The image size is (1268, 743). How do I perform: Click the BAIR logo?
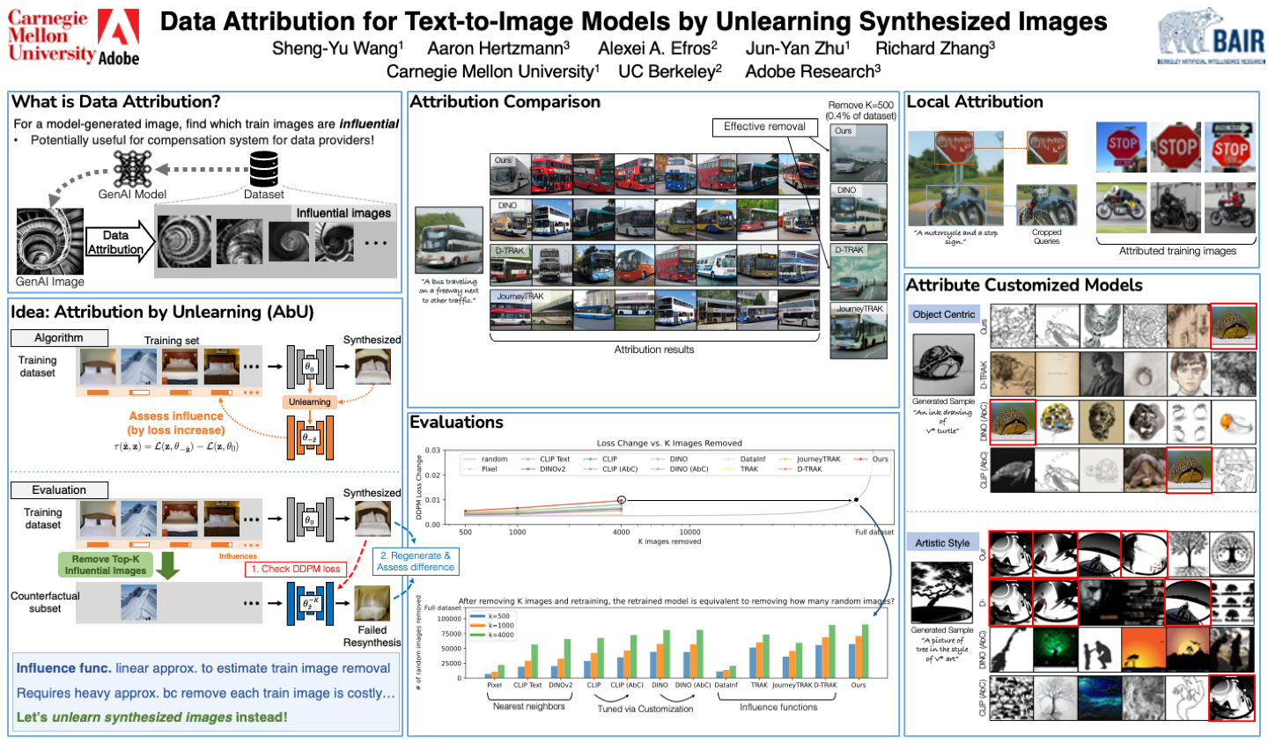(1211, 36)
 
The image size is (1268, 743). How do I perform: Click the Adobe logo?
(118, 38)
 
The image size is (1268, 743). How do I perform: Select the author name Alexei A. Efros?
(657, 48)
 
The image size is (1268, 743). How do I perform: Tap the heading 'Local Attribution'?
(975, 102)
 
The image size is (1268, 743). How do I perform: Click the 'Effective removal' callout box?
(764, 127)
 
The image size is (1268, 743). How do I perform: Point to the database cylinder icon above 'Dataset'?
(263, 168)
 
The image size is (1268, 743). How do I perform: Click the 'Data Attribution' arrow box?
(116, 242)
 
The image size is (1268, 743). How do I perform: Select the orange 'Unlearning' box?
(310, 401)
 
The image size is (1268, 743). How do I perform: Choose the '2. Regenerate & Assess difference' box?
(415, 561)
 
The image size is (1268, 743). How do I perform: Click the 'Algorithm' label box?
(59, 338)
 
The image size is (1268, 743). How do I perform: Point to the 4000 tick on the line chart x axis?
(621, 532)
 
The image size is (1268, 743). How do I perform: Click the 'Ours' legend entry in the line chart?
(874, 459)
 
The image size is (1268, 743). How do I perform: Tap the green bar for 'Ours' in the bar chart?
(865, 651)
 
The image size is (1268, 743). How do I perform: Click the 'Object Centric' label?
(944, 314)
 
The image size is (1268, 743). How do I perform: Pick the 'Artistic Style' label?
(941, 543)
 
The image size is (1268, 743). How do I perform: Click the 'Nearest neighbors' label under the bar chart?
(528, 706)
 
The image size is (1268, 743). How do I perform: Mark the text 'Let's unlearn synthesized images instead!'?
(152, 717)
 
